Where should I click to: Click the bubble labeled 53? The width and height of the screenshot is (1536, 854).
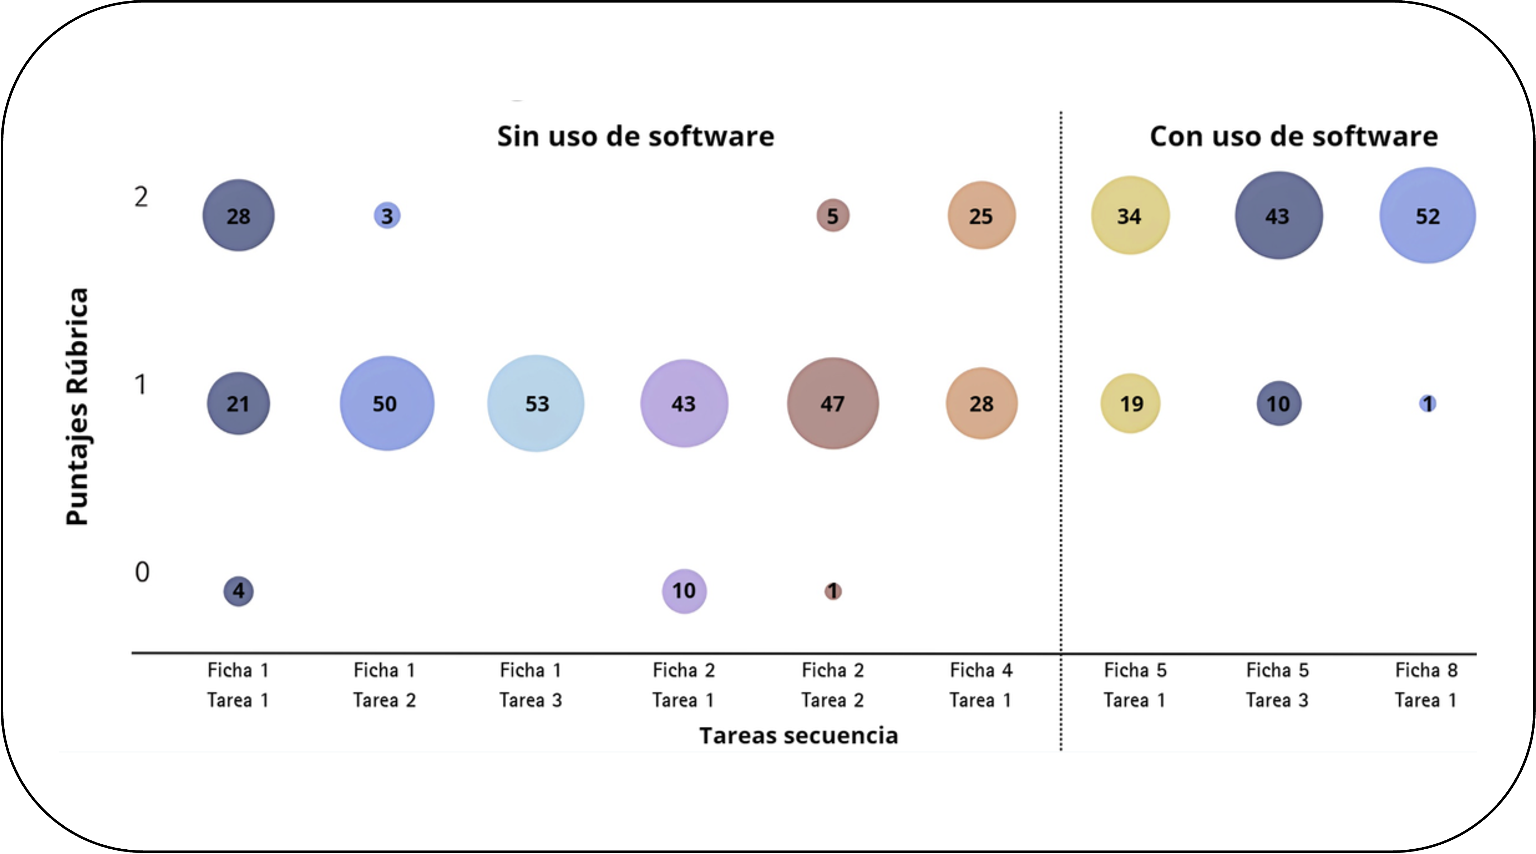point(536,404)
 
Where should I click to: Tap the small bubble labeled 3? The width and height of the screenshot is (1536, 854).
point(387,216)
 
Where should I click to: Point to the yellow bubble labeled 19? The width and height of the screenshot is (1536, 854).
point(1131,404)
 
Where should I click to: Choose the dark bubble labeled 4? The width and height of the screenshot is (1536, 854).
point(238,591)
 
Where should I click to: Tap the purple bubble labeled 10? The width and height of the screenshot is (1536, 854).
point(684,591)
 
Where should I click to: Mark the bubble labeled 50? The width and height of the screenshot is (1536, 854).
point(387,404)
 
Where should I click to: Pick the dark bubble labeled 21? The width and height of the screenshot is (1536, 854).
point(238,404)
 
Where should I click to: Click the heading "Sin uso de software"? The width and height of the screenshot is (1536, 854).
point(636,136)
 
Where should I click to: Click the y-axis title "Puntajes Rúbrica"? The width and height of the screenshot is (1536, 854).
point(77,406)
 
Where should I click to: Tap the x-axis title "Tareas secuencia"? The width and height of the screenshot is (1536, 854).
point(798,736)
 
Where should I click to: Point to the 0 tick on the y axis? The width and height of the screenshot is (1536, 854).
point(142,572)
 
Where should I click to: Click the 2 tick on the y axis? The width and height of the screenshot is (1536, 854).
point(141,197)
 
